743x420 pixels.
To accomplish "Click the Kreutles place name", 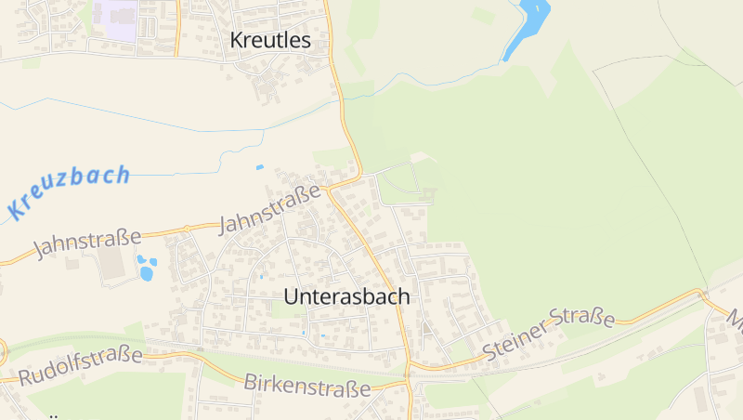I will click(268, 40).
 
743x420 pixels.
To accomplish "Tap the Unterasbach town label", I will click(345, 296).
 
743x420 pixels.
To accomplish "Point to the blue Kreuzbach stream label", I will click(68, 190).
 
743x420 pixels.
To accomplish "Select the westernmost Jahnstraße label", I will click(87, 243).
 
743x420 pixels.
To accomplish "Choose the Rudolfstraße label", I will click(81, 365).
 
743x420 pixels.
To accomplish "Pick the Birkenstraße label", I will click(307, 385).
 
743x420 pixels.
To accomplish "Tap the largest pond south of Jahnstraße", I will click(146, 273).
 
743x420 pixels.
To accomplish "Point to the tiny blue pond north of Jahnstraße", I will click(259, 167).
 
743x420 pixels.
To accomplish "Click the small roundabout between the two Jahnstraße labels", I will click(187, 228).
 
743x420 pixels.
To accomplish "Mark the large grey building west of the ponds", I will click(112, 263).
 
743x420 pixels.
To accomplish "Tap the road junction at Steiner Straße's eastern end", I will click(702, 295).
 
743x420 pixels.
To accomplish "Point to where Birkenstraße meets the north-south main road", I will click(408, 379).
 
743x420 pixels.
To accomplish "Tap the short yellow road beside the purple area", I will click(176, 28).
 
